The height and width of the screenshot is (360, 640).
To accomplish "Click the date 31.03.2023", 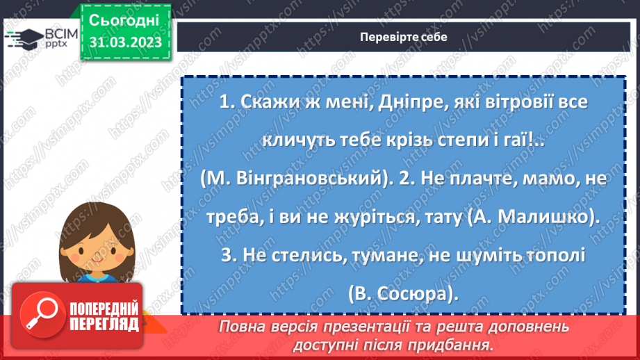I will (x=125, y=42).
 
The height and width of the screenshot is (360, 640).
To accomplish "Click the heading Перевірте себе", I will (x=404, y=37).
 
